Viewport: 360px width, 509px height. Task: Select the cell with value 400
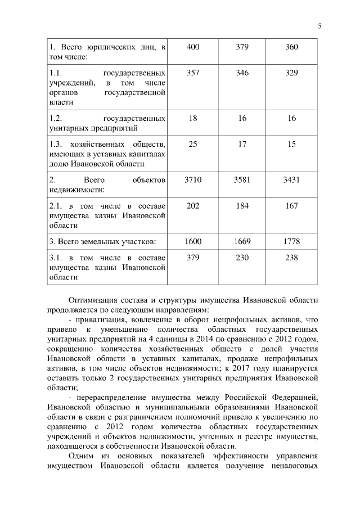click(192, 47)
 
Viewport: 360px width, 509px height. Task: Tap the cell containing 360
click(291, 47)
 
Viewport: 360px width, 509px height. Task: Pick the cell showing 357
click(192, 74)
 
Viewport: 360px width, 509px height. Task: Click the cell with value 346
click(242, 74)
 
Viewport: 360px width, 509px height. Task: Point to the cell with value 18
click(192, 119)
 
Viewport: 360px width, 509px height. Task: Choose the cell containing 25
click(192, 145)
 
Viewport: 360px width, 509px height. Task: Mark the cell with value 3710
click(192, 180)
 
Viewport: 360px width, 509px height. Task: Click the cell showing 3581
click(242, 180)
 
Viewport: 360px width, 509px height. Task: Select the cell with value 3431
click(291, 180)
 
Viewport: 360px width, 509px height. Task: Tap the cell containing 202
click(192, 206)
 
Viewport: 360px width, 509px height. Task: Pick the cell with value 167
click(291, 206)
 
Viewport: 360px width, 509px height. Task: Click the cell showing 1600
click(192, 241)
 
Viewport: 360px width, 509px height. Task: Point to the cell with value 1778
click(291, 241)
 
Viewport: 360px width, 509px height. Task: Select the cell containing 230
click(242, 259)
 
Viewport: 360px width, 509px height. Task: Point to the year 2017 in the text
click(228, 368)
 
